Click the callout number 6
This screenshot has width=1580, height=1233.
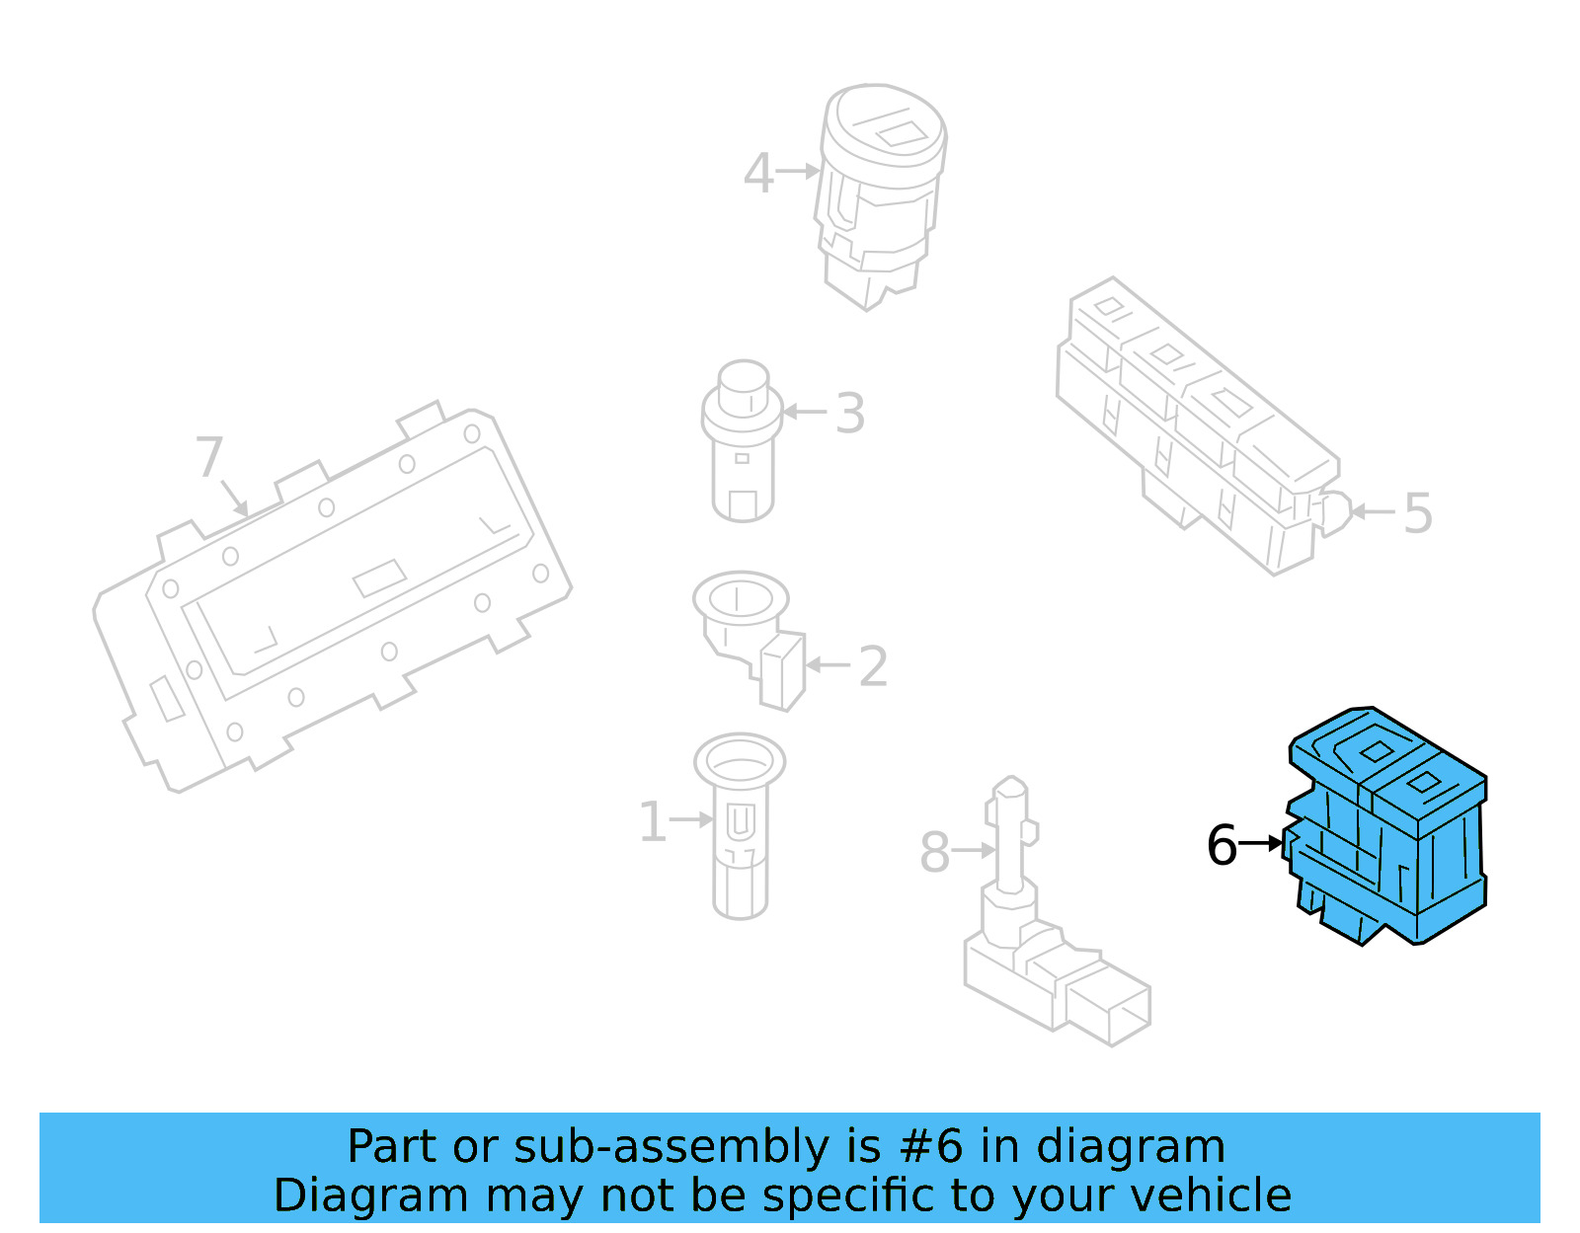(1222, 845)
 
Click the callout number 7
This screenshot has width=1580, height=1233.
(209, 457)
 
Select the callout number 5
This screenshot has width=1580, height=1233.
(1417, 513)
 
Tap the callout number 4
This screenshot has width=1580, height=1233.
(757, 174)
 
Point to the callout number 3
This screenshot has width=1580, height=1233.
(849, 414)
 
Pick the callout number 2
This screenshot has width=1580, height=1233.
(873, 666)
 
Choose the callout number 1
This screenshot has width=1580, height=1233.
(652, 821)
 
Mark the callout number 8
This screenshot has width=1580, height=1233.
(934, 852)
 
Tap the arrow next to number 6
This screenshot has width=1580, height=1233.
(1261, 843)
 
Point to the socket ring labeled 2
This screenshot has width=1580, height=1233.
(746, 632)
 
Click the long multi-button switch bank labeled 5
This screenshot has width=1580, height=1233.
(1195, 424)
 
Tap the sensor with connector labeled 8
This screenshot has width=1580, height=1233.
(1047, 948)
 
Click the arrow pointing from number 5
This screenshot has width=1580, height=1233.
(1373, 511)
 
